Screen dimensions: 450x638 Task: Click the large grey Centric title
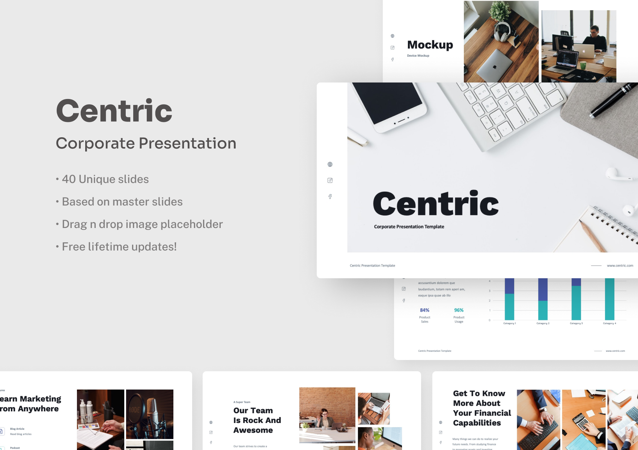tap(114, 111)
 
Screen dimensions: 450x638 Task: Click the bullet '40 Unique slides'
tap(105, 179)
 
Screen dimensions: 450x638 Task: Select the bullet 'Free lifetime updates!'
tap(119, 247)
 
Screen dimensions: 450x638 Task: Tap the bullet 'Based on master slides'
tap(122, 202)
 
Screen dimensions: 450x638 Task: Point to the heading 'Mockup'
tap(430, 45)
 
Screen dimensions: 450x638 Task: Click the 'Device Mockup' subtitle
tap(418, 55)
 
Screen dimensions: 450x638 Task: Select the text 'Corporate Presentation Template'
tap(409, 227)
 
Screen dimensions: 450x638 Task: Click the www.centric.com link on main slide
tap(620, 265)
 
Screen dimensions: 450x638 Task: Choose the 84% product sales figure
tap(424, 310)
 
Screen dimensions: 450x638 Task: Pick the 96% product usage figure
tap(459, 310)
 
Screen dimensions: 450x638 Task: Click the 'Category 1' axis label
tap(509, 323)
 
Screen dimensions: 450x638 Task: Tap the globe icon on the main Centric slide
tap(330, 164)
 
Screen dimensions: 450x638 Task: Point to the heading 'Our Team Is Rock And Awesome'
tap(257, 420)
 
